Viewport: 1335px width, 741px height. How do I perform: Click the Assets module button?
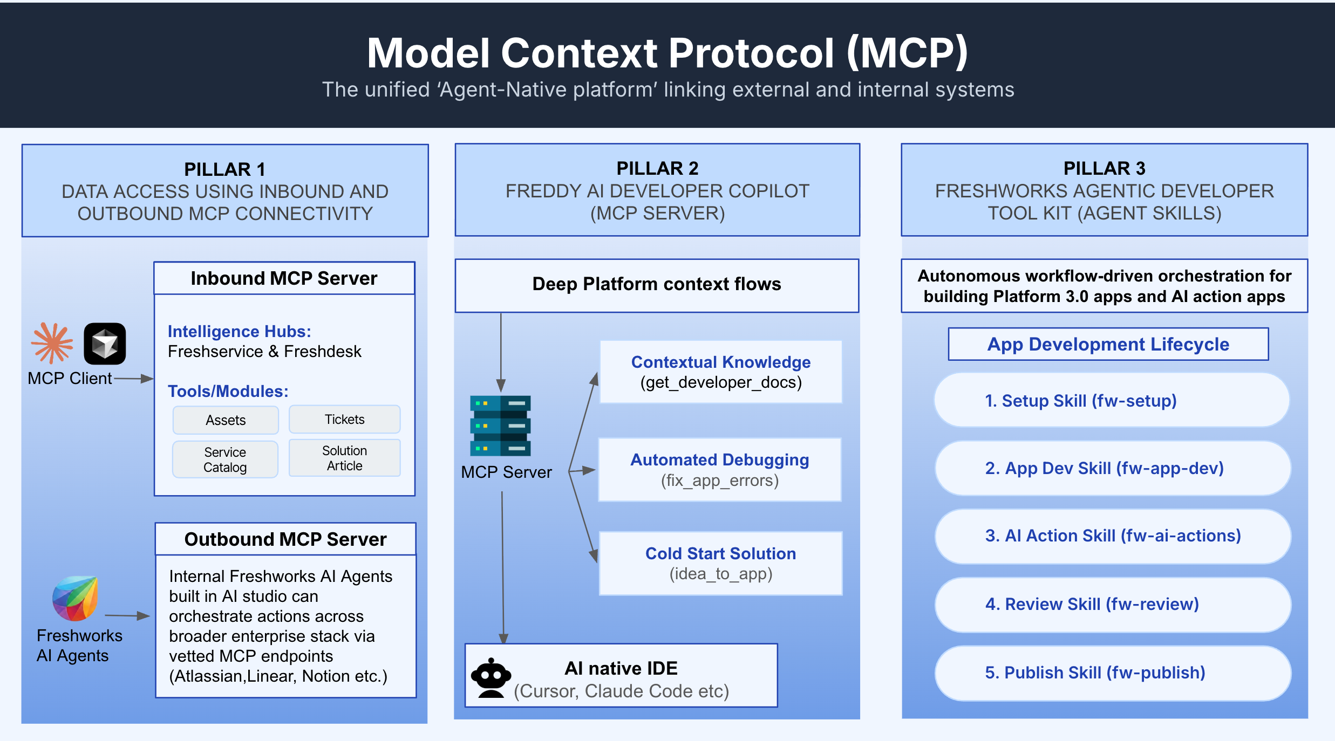226,420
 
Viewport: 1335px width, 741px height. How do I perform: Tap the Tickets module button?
344,419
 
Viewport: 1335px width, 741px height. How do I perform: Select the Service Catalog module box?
225,459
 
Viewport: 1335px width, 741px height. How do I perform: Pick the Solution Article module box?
344,458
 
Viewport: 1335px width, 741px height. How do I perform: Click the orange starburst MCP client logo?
52,343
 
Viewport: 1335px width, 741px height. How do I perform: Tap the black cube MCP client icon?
105,344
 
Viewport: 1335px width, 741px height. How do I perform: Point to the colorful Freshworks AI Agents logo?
76,598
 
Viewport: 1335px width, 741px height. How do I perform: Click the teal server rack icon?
500,426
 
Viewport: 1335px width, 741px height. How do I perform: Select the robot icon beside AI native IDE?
491,678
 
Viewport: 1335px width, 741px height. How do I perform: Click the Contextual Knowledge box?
721,372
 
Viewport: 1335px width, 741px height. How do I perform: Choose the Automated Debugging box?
720,470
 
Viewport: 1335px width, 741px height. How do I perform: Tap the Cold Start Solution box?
721,564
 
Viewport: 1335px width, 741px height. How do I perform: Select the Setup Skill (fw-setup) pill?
1112,400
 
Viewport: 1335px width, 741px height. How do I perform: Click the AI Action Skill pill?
1113,536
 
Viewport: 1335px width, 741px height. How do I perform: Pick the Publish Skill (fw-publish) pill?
1113,673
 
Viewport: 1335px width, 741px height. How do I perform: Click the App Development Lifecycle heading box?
1108,344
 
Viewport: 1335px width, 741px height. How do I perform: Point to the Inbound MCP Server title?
284,278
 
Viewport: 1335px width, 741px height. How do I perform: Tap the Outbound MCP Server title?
285,539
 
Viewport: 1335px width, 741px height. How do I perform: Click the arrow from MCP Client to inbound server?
134,379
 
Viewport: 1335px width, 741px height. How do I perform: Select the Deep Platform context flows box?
657,285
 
